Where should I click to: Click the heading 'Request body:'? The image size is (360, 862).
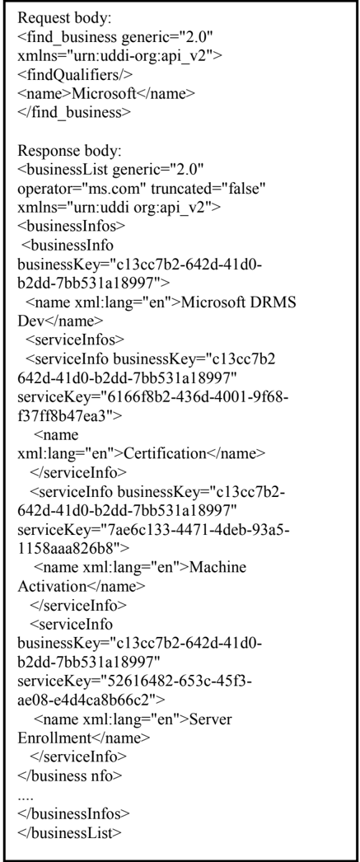(64, 18)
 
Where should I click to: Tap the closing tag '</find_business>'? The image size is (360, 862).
(74, 112)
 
